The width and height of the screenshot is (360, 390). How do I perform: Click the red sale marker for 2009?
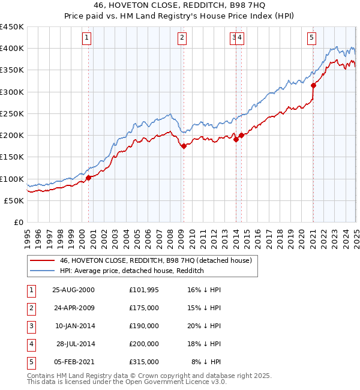click(184, 146)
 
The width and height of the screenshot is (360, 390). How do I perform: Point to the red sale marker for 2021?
click(313, 85)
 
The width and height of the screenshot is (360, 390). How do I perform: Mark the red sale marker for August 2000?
click(88, 178)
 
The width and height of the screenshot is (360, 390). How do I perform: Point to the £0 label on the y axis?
click(19, 222)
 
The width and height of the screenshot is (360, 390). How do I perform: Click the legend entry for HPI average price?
click(132, 271)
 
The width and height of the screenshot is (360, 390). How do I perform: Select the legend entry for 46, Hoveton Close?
click(158, 260)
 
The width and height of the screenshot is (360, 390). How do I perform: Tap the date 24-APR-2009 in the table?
click(74, 308)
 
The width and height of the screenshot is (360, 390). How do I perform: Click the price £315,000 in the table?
click(144, 362)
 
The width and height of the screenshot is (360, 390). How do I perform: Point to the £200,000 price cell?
click(144, 344)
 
